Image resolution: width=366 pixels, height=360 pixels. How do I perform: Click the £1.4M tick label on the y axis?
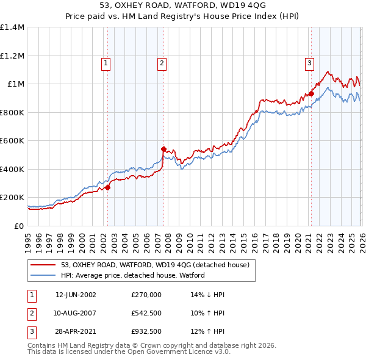pyautogui.click(x=12, y=27)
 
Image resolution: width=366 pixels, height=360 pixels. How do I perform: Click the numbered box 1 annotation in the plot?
pyautogui.click(x=106, y=62)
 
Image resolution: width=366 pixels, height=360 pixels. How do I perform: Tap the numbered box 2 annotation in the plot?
pyautogui.click(x=162, y=62)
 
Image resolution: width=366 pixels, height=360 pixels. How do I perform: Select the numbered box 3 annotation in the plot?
pyautogui.click(x=309, y=62)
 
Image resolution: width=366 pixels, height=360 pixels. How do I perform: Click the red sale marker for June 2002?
pyautogui.click(x=108, y=188)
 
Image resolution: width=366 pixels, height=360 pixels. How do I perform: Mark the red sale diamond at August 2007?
pyautogui.click(x=163, y=149)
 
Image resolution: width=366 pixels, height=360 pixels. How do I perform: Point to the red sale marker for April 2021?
pyautogui.click(x=310, y=93)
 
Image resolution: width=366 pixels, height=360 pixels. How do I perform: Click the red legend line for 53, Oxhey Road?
pyautogui.click(x=43, y=265)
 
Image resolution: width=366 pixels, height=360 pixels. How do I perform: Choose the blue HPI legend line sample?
pyautogui.click(x=43, y=275)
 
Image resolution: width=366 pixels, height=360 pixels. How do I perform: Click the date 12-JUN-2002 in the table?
pyautogui.click(x=76, y=294)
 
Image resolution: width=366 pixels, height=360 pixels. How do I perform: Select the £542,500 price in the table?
pyautogui.click(x=146, y=313)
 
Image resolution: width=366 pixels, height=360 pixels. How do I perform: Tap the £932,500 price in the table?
pyautogui.click(x=146, y=332)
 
